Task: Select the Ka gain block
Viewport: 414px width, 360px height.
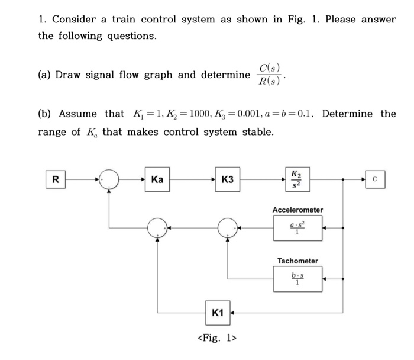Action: click(x=157, y=179)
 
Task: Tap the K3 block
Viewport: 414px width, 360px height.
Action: click(x=227, y=179)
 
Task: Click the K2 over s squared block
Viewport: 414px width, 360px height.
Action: click(x=295, y=179)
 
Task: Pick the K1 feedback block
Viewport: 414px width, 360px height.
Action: click(x=218, y=313)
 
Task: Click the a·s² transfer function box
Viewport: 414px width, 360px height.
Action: click(x=297, y=228)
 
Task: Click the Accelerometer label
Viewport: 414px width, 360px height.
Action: click(x=297, y=210)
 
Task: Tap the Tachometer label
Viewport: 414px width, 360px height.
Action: click(x=297, y=261)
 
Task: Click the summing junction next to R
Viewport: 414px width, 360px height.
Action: click(x=109, y=179)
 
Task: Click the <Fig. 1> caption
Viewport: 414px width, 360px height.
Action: click(x=216, y=338)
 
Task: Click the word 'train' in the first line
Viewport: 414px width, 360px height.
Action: click(x=116, y=20)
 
